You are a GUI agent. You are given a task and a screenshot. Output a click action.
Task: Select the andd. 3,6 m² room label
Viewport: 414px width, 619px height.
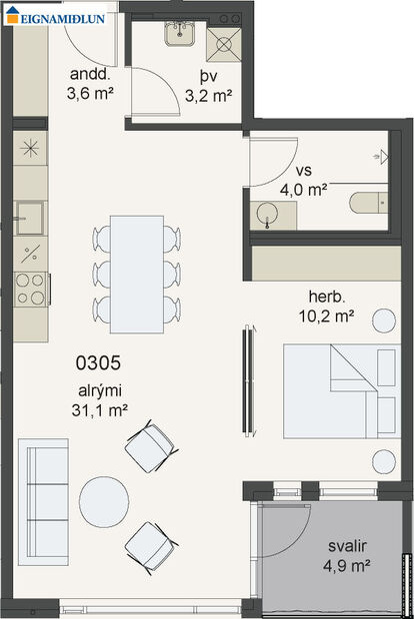point(88,86)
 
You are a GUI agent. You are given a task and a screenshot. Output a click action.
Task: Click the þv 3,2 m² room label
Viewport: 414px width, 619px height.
point(208,87)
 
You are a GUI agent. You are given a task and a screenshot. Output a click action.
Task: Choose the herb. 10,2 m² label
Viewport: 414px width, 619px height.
point(330,307)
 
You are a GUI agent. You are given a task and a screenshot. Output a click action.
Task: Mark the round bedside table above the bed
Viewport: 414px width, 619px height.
point(384,320)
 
